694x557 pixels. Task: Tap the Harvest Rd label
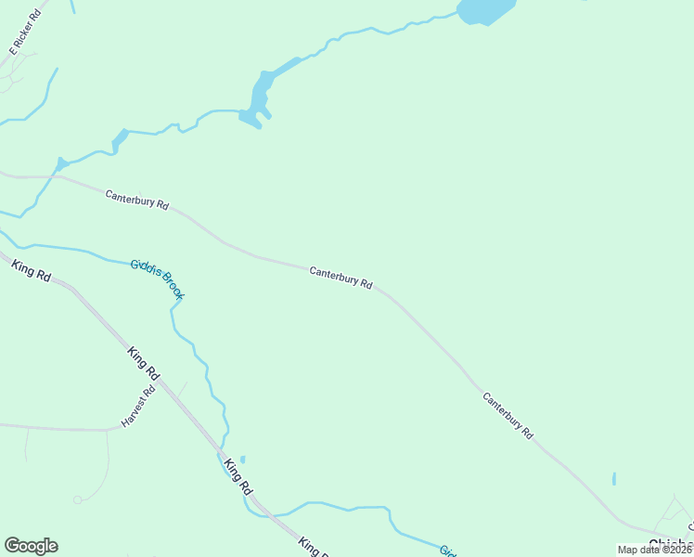point(140,407)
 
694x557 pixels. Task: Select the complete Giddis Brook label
point(158,279)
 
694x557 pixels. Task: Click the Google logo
point(31,546)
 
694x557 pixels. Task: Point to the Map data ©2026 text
point(655,550)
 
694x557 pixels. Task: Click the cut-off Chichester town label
point(671,545)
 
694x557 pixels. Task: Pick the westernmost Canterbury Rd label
point(136,201)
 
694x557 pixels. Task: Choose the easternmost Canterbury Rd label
point(508,415)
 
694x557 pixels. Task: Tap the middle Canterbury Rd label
point(341,278)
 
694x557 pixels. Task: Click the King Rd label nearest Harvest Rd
point(144,363)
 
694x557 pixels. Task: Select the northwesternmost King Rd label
point(31,272)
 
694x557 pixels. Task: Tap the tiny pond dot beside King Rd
point(242,459)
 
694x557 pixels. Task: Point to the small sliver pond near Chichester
point(614,479)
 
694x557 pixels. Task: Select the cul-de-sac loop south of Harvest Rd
point(79,499)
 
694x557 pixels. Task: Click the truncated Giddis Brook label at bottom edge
point(447,551)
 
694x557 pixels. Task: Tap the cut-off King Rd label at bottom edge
point(314,547)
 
